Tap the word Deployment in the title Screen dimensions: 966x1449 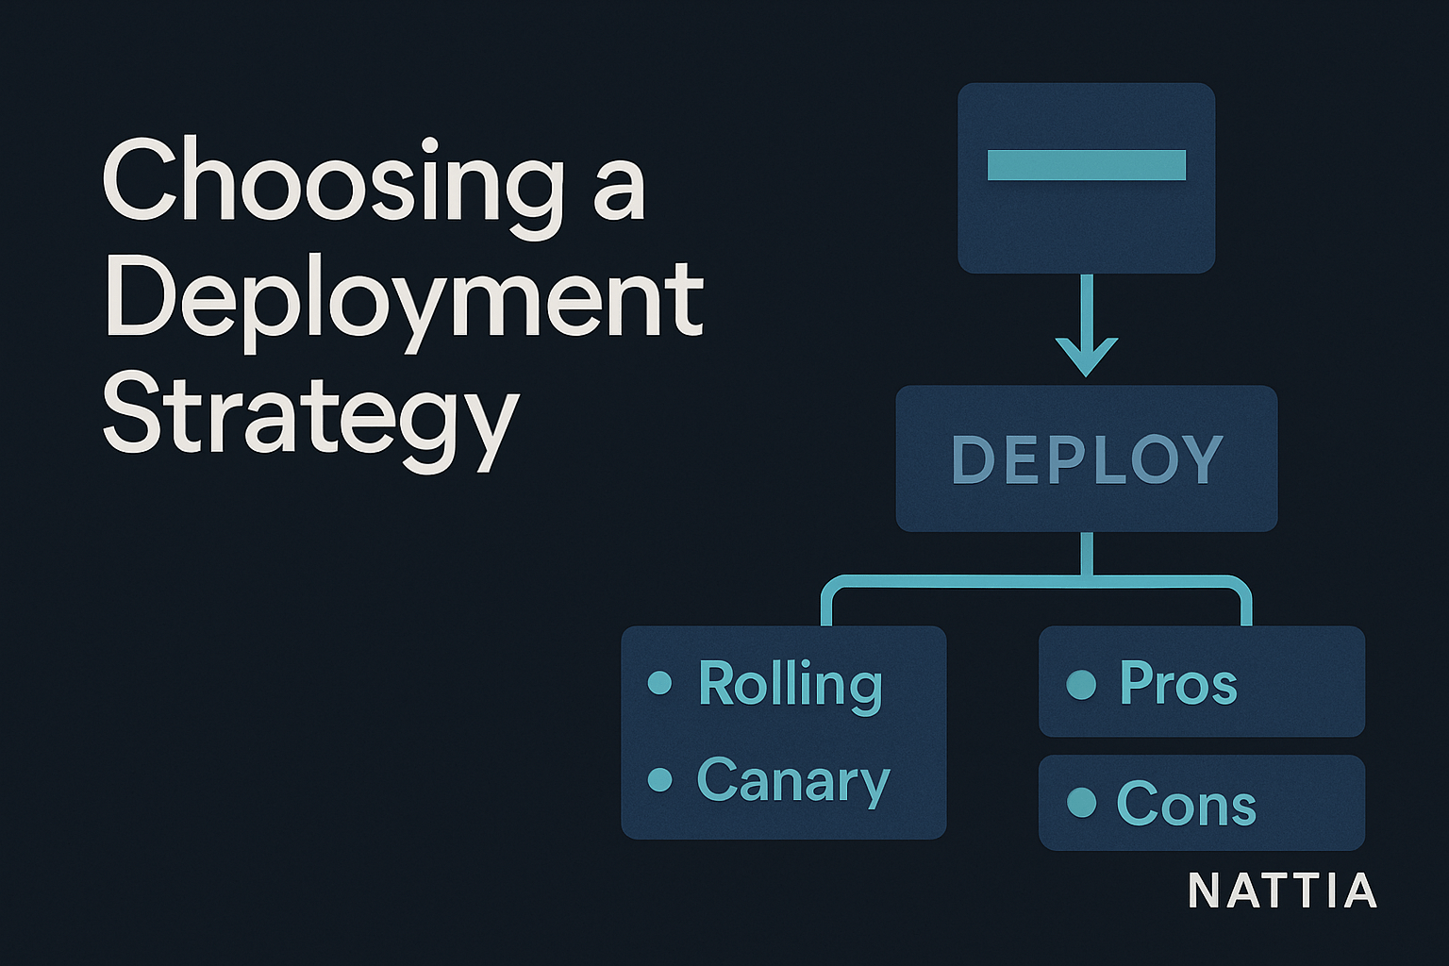[x=404, y=300]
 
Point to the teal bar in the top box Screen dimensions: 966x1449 [x=1086, y=164]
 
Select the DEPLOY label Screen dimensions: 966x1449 [x=1087, y=459]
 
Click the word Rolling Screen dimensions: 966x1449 [x=791, y=684]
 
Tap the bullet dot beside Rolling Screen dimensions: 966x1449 [x=660, y=682]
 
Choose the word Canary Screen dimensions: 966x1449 [x=792, y=781]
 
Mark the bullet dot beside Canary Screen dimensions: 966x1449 [x=660, y=779]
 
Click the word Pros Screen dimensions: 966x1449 [x=1177, y=683]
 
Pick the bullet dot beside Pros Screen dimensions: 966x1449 [x=1081, y=684]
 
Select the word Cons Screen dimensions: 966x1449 [x=1186, y=804]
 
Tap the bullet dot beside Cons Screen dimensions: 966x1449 [x=1081, y=803]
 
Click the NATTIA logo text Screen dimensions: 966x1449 [x=1282, y=891]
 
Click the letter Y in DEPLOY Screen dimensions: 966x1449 [x=1202, y=459]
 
